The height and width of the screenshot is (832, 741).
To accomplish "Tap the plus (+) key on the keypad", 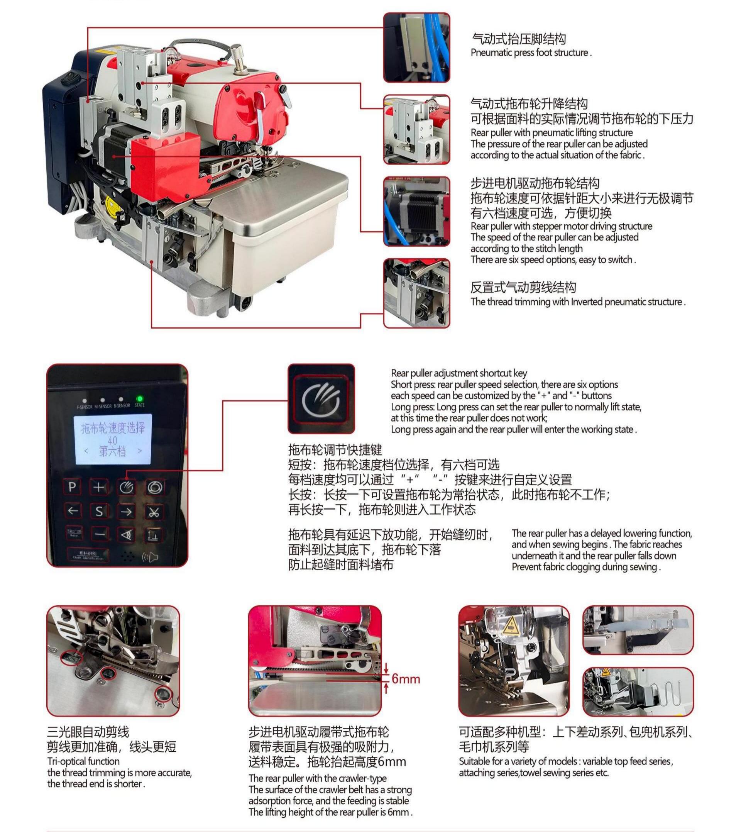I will tap(99, 487).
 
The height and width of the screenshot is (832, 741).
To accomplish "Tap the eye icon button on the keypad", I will tap(127, 535).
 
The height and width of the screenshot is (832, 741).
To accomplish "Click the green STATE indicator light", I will tap(139, 399).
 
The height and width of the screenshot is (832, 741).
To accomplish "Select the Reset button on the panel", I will tap(74, 533).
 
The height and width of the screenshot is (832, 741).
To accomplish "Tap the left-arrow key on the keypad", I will tap(73, 511).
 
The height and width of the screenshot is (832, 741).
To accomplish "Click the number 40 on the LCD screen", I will tap(112, 441).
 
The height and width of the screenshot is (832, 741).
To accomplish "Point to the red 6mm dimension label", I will tap(406, 679).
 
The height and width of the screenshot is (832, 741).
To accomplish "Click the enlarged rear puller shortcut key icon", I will tap(321, 399).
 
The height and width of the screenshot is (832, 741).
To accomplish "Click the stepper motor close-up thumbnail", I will tap(416, 211).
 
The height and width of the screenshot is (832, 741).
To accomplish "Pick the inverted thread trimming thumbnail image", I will tap(416, 293).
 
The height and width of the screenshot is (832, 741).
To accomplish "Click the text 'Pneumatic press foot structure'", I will tap(531, 53).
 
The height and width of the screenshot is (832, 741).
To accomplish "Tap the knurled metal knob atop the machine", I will tap(237, 55).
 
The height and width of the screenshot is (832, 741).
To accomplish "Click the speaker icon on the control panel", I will tap(150, 557).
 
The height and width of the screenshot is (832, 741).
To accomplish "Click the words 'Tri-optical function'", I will tap(83, 761).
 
